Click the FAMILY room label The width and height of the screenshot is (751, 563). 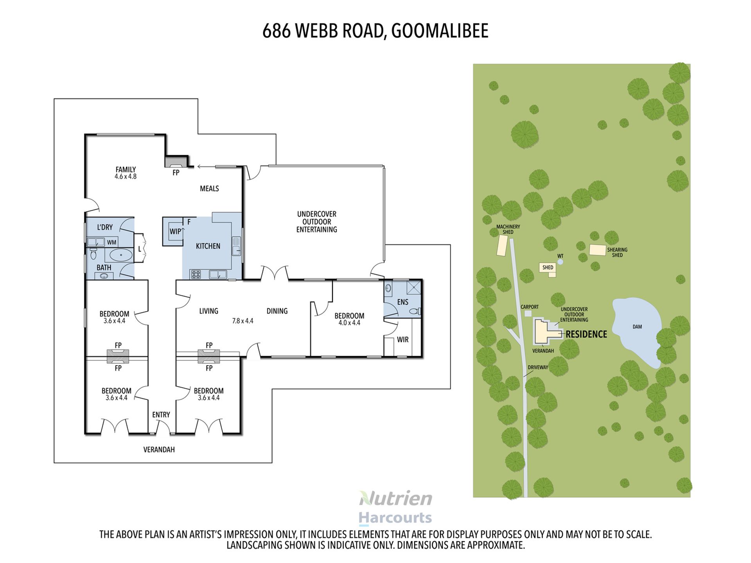coord(126,170)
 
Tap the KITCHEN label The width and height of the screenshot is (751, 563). coord(208,246)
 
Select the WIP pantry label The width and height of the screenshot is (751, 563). coord(175,231)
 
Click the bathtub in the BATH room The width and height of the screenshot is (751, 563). coord(121,255)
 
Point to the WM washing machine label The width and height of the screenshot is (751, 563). coord(112,242)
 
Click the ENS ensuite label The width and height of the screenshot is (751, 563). coord(402,302)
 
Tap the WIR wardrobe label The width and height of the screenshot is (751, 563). coord(403,340)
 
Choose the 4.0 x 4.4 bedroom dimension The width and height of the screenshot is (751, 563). coord(349,323)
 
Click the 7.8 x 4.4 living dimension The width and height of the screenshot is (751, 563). coord(243,321)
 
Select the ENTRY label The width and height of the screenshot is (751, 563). coord(161,415)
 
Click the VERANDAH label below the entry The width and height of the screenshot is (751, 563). coord(159,450)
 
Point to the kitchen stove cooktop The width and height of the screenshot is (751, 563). coord(196,274)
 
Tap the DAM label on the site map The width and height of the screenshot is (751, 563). coord(637,327)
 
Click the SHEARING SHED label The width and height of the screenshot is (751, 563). coord(617,253)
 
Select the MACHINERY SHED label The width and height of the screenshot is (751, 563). coord(508,230)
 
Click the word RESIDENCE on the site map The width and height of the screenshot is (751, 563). coord(586,334)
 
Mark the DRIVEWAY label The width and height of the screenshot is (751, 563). coord(538,368)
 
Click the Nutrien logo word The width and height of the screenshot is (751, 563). coord(395,498)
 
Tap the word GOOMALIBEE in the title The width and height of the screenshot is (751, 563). coord(440,31)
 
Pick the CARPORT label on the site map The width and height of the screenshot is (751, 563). coord(530,307)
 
